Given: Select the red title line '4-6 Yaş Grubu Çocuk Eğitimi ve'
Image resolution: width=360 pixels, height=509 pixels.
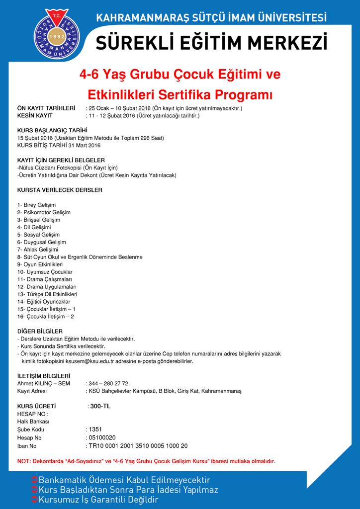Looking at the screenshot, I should pyautogui.click(x=180, y=75).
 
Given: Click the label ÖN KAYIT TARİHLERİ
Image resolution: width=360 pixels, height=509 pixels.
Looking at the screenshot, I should pyautogui.click(x=46, y=108).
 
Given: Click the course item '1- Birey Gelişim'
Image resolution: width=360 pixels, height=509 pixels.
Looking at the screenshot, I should pyautogui.click(x=36, y=205).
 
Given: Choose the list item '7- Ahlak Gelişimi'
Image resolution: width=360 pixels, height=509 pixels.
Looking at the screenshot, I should pyautogui.click(x=38, y=250).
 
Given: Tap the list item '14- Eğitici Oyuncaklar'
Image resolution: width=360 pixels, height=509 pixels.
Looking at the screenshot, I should pyautogui.click(x=43, y=302).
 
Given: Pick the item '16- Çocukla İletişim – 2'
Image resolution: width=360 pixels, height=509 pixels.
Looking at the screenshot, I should pyautogui.click(x=45, y=317).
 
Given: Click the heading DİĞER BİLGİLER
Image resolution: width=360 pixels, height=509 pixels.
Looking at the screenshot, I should pyautogui.click(x=40, y=331).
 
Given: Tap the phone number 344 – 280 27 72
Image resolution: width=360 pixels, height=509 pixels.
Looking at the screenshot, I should pyautogui.click(x=108, y=384).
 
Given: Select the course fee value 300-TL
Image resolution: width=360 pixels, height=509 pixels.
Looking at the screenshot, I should pyautogui.click(x=100, y=406).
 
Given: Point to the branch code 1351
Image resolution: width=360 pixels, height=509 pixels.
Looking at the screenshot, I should pyautogui.click(x=95, y=429).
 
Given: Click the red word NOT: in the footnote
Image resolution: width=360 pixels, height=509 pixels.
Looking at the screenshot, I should pyautogui.click(x=23, y=461).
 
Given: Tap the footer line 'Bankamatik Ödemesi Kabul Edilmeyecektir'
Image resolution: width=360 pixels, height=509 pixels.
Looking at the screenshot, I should pyautogui.click(x=124, y=480).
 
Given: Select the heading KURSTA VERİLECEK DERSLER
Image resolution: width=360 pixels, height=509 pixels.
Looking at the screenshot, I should pyautogui.click(x=60, y=190).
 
